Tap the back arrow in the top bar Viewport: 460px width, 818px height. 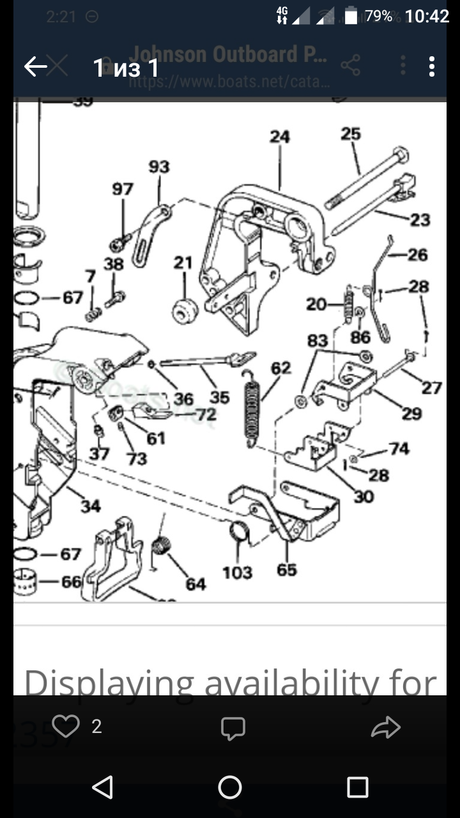click(x=36, y=66)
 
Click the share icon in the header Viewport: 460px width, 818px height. click(x=351, y=66)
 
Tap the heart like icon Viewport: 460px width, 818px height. click(x=65, y=727)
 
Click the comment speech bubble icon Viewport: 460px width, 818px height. click(x=233, y=728)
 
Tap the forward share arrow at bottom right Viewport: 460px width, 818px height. click(x=386, y=727)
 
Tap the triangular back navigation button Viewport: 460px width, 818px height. click(x=103, y=787)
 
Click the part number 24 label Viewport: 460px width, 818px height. click(x=279, y=137)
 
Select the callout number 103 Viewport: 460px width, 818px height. click(x=237, y=573)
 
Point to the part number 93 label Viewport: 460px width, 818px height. click(x=159, y=167)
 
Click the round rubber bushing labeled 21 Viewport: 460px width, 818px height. click(x=184, y=309)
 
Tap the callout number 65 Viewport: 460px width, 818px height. click(x=287, y=569)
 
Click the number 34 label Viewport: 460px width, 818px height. click(x=91, y=507)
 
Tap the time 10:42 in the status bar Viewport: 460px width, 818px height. click(x=427, y=17)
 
